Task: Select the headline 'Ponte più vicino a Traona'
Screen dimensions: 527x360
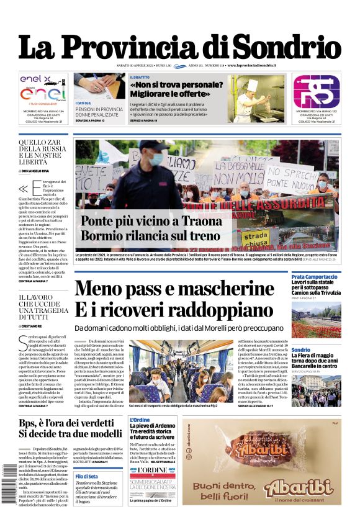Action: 151,221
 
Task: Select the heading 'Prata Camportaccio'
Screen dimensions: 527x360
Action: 315,276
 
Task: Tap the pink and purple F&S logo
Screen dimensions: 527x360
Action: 316,91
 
